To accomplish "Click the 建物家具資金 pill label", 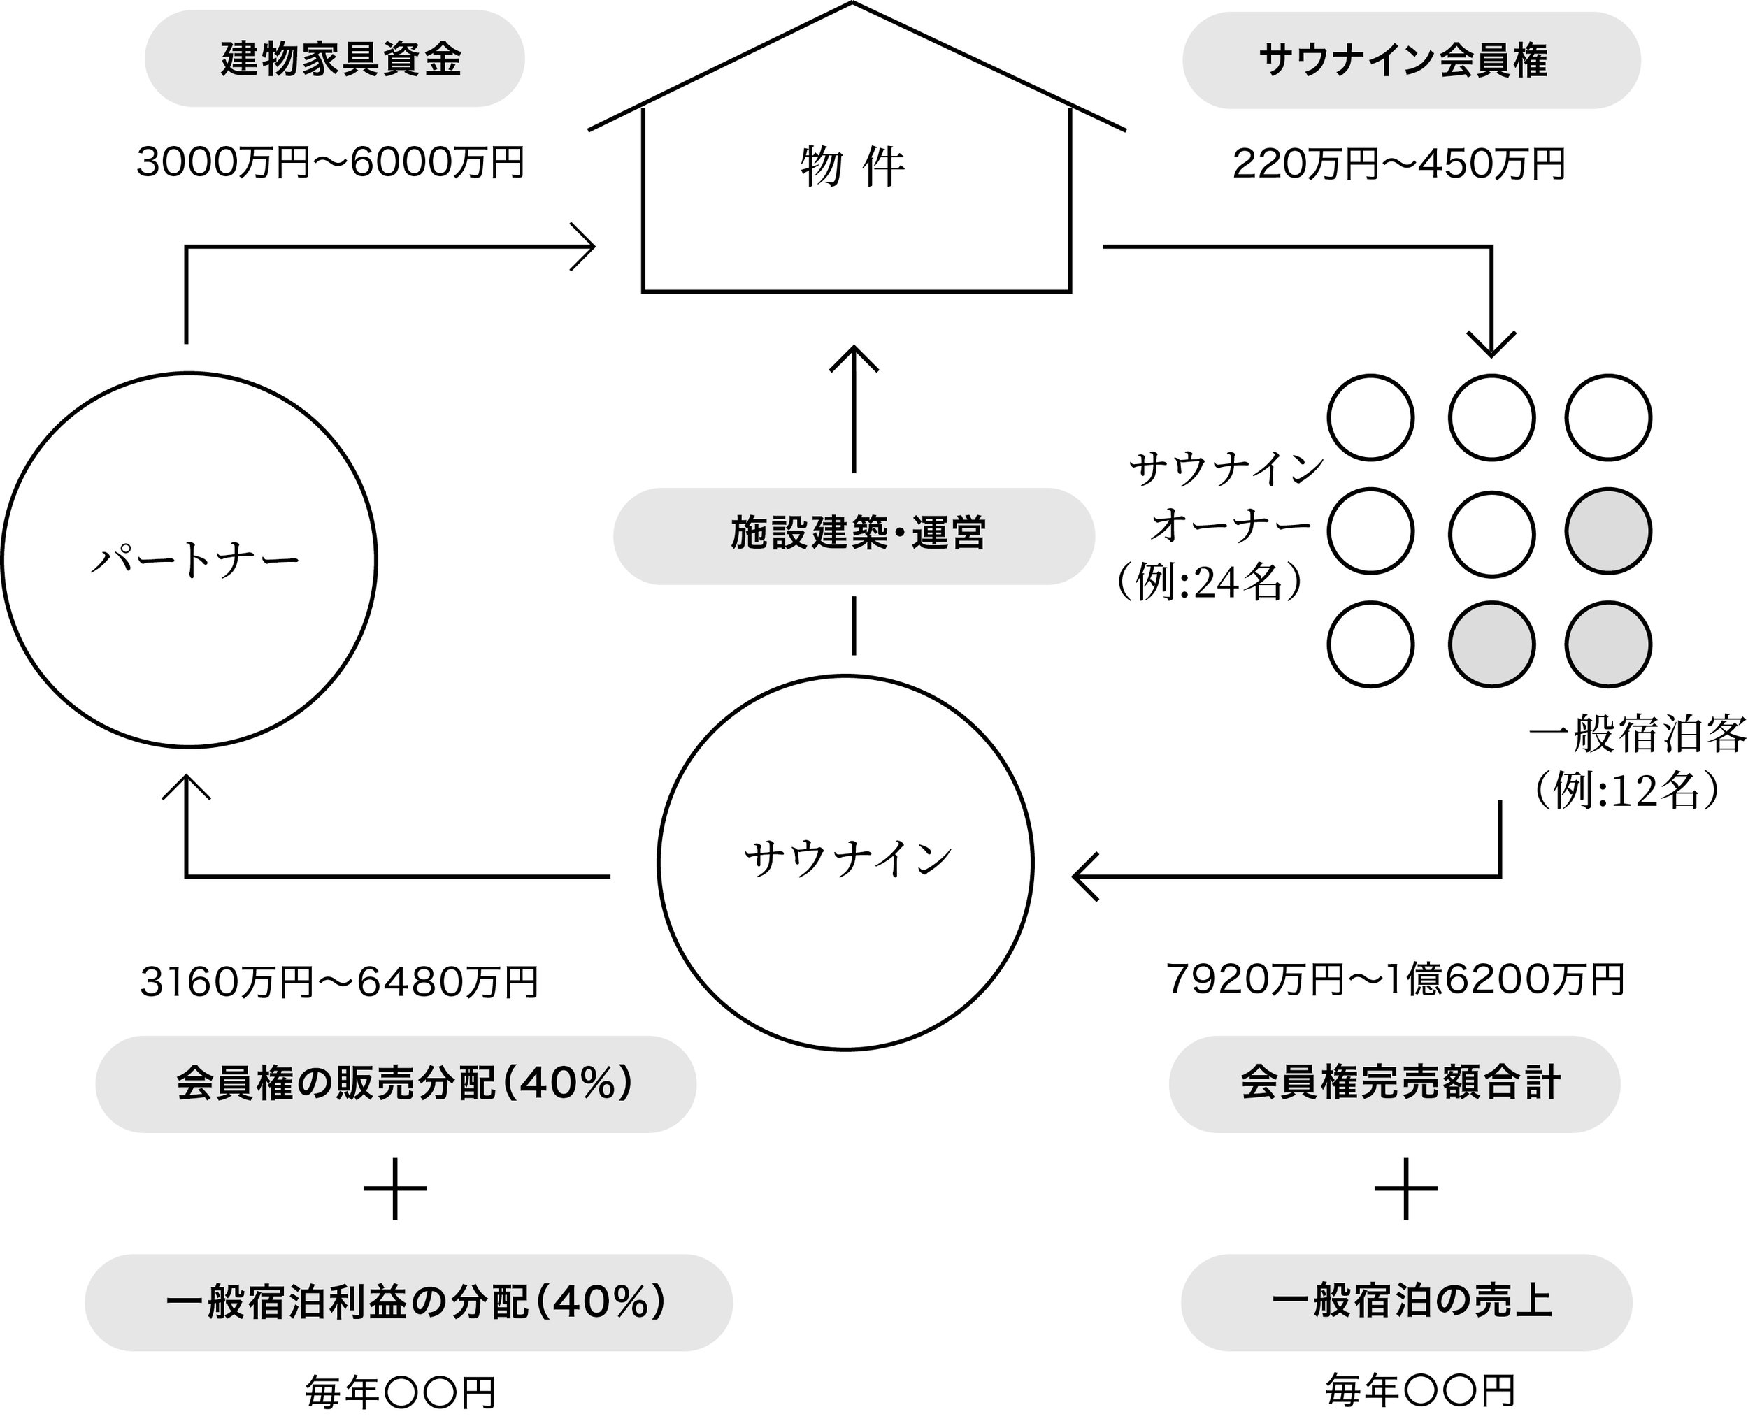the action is pyautogui.click(x=335, y=59).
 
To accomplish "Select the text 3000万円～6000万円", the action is pyautogui.click(x=330, y=162).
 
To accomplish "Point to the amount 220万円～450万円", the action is pyautogui.click(x=1398, y=164).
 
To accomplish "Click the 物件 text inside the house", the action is pyautogui.click(x=853, y=168).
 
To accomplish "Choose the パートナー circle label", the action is pyautogui.click(x=195, y=561).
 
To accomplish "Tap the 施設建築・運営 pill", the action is pyautogui.click(x=854, y=536).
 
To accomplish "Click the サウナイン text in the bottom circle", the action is pyautogui.click(x=848, y=860).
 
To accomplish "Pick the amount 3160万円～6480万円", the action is pyautogui.click(x=339, y=982).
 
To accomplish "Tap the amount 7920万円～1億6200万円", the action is pyautogui.click(x=1395, y=979).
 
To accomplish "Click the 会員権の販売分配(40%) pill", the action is pyautogui.click(x=396, y=1084).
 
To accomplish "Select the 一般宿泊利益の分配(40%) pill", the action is pyautogui.click(x=408, y=1302).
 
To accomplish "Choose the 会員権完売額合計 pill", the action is pyautogui.click(x=1394, y=1084).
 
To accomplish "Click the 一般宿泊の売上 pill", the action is pyautogui.click(x=1407, y=1302).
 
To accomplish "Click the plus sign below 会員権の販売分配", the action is pyautogui.click(x=394, y=1188).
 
